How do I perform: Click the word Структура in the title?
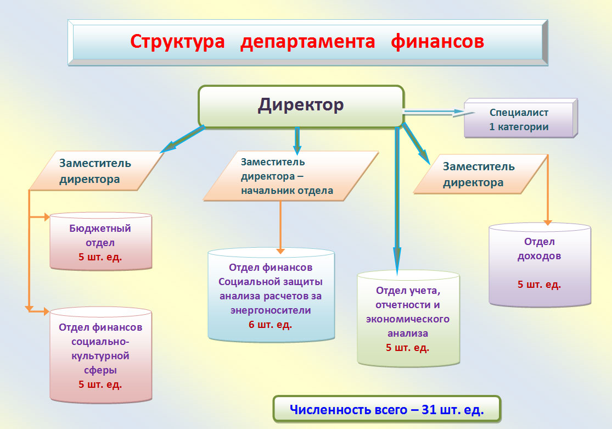pyautogui.click(x=177, y=42)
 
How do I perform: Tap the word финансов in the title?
pyautogui.click(x=437, y=41)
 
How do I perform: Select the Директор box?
pyautogui.click(x=301, y=106)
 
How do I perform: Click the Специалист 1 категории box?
pyautogui.click(x=521, y=118)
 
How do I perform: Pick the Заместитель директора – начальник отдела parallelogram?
pyautogui.click(x=291, y=176)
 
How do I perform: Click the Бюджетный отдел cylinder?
pyautogui.click(x=100, y=242)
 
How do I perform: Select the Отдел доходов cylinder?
pyautogui.click(x=540, y=265)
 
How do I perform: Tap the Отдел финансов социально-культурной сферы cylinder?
pyautogui.click(x=100, y=355)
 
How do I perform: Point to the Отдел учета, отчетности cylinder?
pyautogui.click(x=408, y=319)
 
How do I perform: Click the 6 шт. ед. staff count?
pyautogui.click(x=270, y=325)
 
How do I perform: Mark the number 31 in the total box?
pyautogui.click(x=429, y=409)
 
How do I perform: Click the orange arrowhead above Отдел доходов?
pyautogui.click(x=548, y=222)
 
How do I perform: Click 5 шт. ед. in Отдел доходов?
pyautogui.click(x=539, y=285)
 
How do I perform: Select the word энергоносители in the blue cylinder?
pyautogui.click(x=271, y=310)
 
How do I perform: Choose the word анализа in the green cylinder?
pyautogui.click(x=407, y=333)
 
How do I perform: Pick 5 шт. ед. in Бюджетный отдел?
pyautogui.click(x=100, y=257)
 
